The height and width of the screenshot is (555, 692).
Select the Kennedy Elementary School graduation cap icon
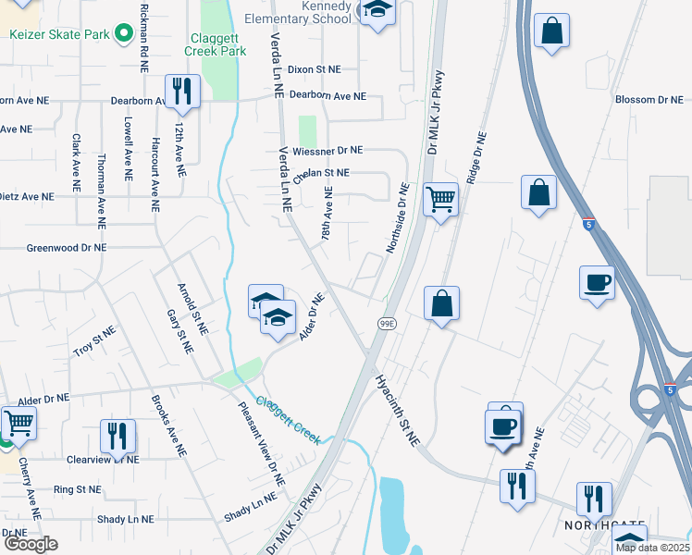(377, 11)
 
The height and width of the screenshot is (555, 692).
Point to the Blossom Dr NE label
(649, 99)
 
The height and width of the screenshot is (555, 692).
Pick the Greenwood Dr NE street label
(67, 248)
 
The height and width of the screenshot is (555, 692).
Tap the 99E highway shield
(387, 323)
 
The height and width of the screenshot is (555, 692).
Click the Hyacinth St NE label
(398, 411)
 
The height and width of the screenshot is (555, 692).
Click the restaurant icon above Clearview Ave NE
(117, 436)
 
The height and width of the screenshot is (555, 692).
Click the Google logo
(31, 543)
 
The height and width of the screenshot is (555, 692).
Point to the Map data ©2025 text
(652, 548)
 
